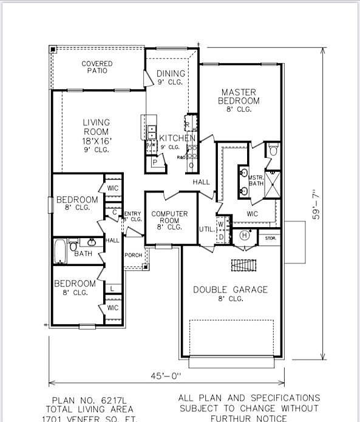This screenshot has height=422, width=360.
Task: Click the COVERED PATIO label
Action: pyautogui.click(x=96, y=67)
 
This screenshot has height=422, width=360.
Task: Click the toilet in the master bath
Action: pyautogui.click(x=273, y=150)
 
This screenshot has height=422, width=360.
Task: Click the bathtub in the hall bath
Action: pyautogui.click(x=60, y=251)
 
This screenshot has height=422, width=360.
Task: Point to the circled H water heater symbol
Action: pyautogui.click(x=245, y=235)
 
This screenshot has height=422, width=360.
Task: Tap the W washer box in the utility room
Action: pyautogui.click(x=221, y=224)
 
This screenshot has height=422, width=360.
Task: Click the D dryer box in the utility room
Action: pyautogui.click(x=221, y=236)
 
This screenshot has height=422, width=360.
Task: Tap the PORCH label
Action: pyautogui.click(x=133, y=255)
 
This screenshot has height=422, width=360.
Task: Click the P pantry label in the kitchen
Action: pyautogui.click(x=155, y=163)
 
